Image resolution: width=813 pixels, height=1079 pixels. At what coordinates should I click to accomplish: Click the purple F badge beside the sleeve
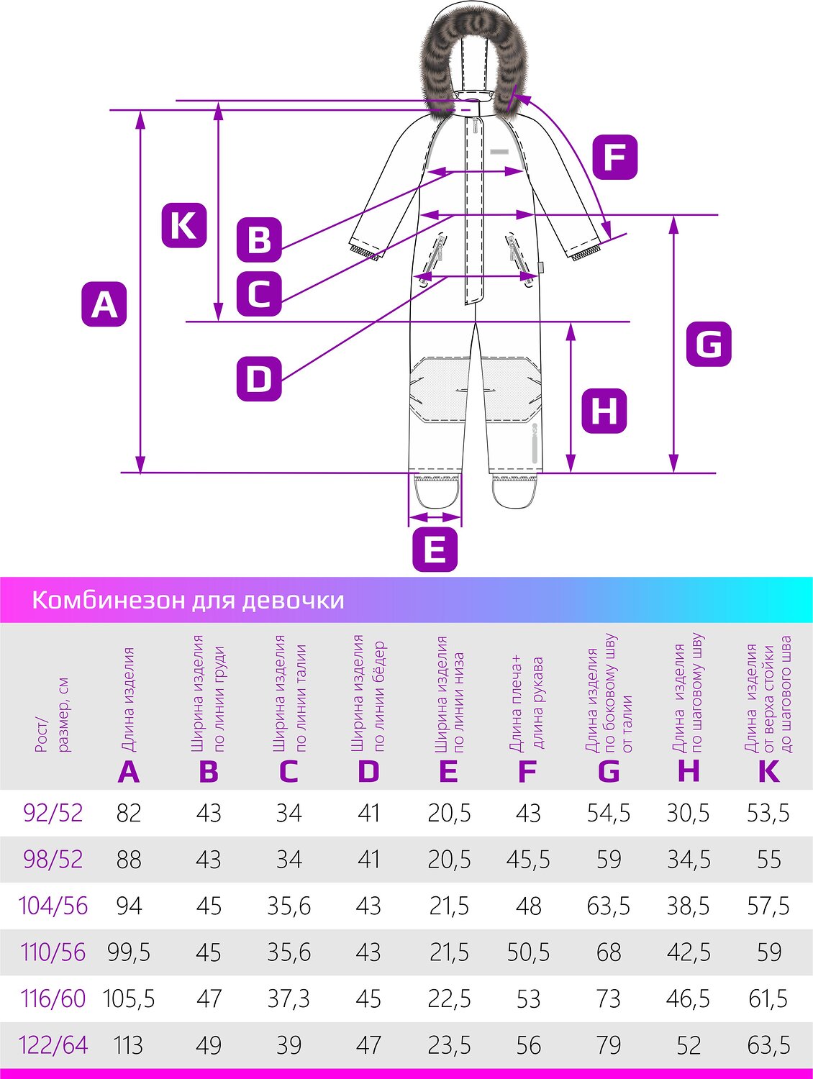pyautogui.click(x=615, y=158)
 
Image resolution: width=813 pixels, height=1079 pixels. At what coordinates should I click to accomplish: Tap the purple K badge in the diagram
pyautogui.click(x=183, y=225)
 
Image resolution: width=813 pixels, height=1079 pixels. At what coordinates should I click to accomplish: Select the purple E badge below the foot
pyautogui.click(x=435, y=549)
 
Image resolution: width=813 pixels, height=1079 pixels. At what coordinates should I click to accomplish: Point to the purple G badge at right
pyautogui.click(x=709, y=344)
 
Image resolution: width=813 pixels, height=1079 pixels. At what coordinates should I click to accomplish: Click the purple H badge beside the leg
pyautogui.click(x=604, y=411)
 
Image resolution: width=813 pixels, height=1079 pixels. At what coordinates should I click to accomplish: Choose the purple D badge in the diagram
pyautogui.click(x=259, y=379)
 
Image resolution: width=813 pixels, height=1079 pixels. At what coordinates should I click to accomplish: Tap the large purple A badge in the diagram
pyautogui.click(x=104, y=304)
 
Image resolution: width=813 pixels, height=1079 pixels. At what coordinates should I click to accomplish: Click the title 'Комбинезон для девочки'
pyautogui.click(x=188, y=601)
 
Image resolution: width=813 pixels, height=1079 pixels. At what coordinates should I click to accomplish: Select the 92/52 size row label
pyautogui.click(x=53, y=813)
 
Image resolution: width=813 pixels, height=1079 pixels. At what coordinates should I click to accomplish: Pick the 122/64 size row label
pyautogui.click(x=53, y=1045)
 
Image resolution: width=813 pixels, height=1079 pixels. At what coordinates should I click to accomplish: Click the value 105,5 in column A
pyautogui.click(x=129, y=998)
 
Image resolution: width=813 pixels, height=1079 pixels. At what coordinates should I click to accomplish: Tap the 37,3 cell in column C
pyautogui.click(x=289, y=998)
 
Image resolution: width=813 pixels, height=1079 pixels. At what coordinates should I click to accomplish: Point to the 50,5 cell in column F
pyautogui.click(x=528, y=952)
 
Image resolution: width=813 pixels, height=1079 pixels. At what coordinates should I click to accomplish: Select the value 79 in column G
pyautogui.click(x=609, y=1045)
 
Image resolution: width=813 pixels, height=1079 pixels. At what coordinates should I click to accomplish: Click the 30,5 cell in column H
pyautogui.click(x=688, y=813)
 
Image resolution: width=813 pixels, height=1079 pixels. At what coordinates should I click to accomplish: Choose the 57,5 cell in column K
pyautogui.click(x=768, y=906)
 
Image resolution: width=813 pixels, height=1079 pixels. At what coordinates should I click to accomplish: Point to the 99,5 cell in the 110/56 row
pyautogui.click(x=129, y=952)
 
